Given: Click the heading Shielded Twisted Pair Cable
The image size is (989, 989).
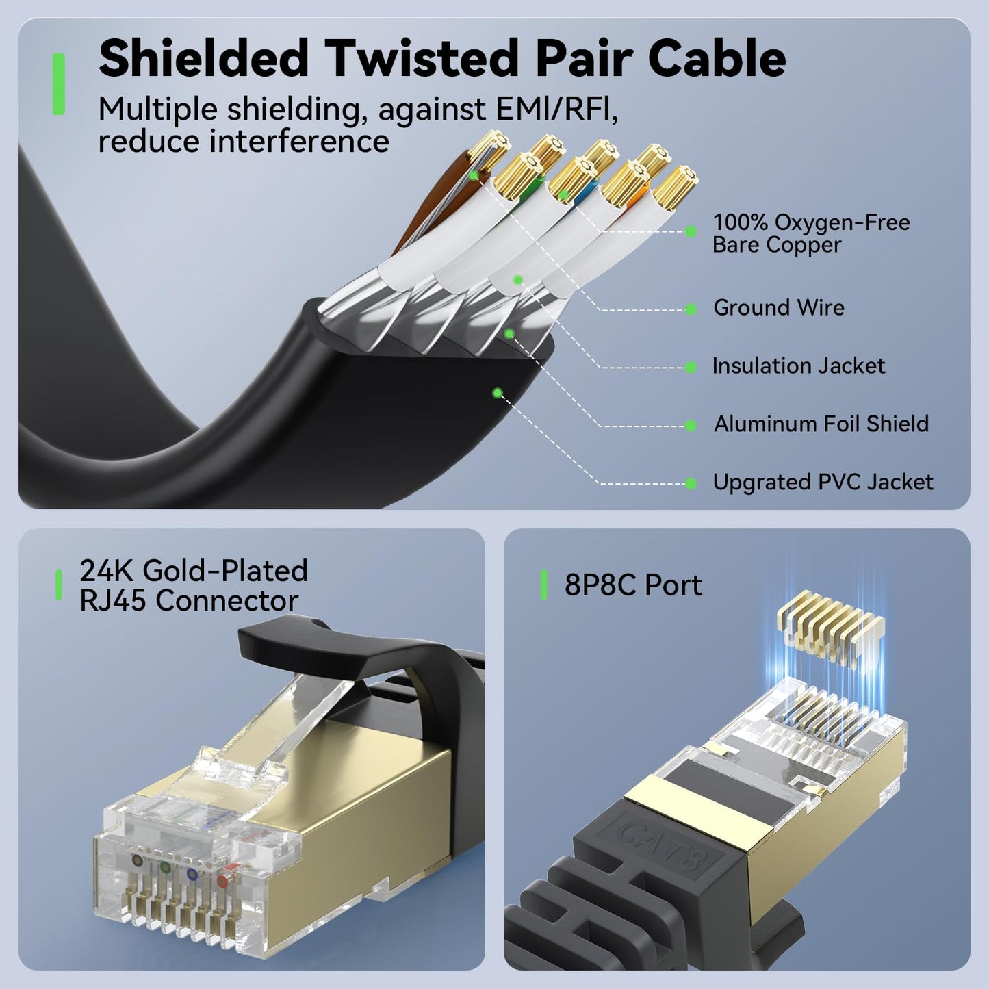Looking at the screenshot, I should click(x=441, y=60).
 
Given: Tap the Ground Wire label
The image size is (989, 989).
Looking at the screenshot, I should click(x=778, y=308).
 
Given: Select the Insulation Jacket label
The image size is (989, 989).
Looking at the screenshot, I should click(x=798, y=366).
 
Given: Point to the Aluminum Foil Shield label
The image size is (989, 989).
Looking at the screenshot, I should click(x=821, y=424).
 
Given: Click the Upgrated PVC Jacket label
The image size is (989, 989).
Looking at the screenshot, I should click(x=822, y=483).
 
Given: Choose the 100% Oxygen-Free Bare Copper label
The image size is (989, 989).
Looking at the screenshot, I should click(x=810, y=233).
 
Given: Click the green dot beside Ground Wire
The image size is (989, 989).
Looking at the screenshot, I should click(x=691, y=309).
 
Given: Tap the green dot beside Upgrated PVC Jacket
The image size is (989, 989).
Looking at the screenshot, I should click(x=691, y=484).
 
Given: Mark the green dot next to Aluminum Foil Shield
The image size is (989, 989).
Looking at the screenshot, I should click(x=691, y=426).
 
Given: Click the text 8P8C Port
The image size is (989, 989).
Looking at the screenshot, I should click(x=633, y=586).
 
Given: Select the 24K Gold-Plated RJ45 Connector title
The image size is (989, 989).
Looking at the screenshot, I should click(x=194, y=586).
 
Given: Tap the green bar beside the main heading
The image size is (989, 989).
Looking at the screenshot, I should click(x=59, y=84).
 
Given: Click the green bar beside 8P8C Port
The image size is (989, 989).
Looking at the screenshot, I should click(x=544, y=585).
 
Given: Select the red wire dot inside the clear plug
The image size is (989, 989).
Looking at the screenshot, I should click(x=222, y=881).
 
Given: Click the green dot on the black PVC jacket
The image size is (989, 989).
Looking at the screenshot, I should click(x=498, y=393).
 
